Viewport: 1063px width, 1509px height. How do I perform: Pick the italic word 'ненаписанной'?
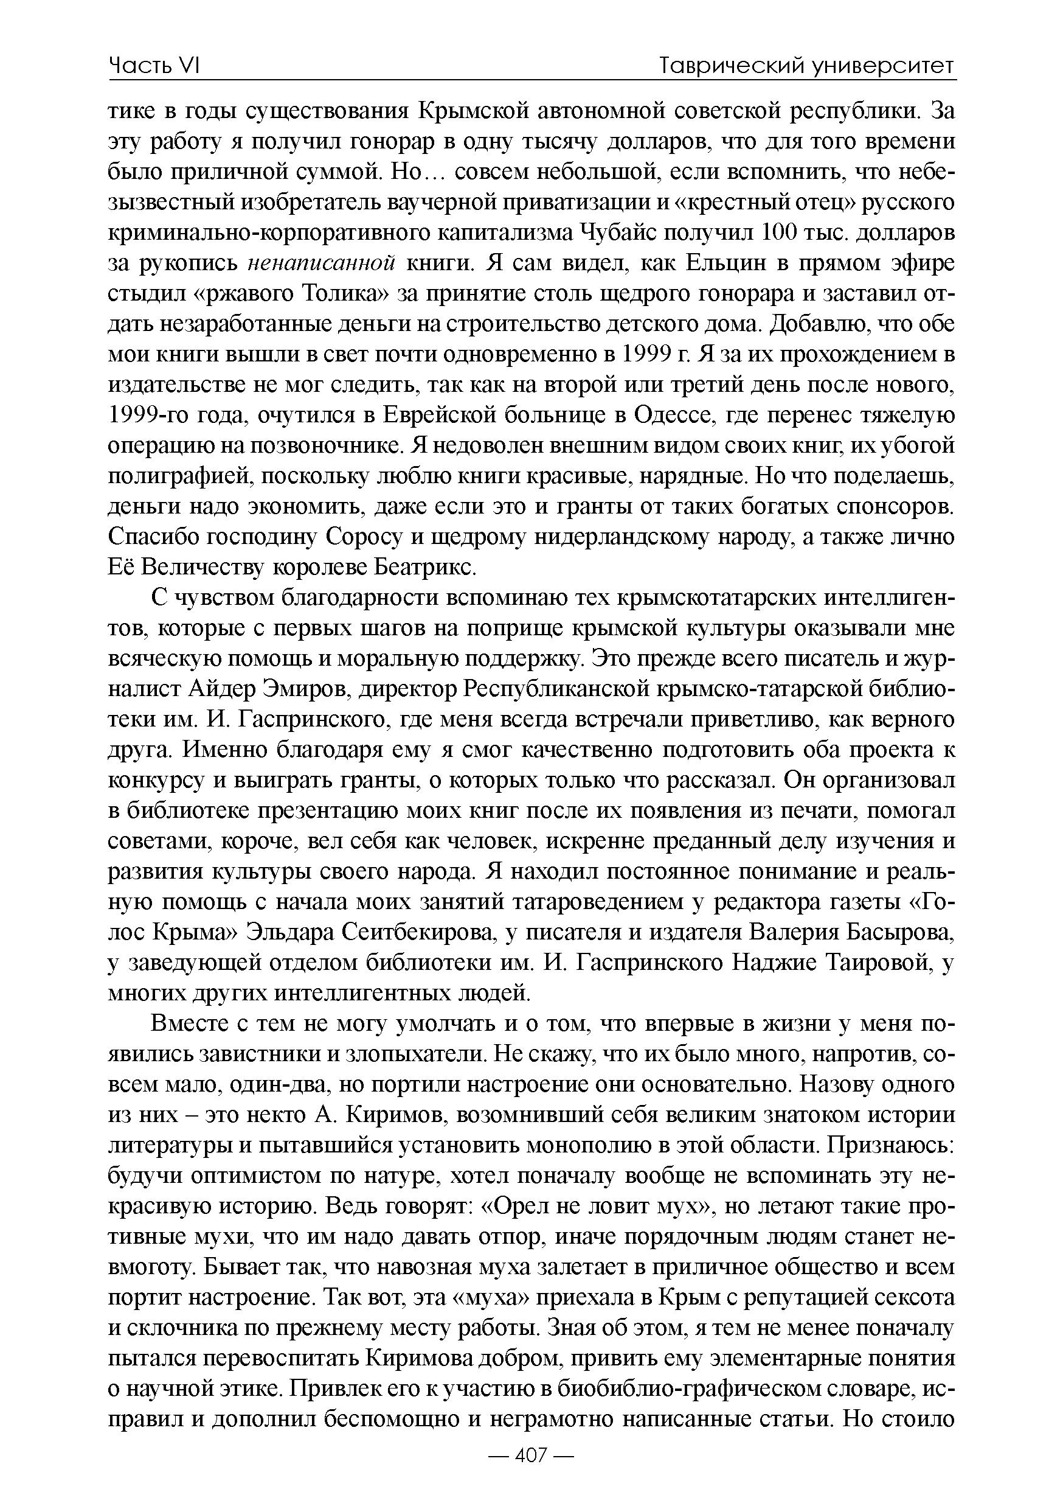[321, 263]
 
